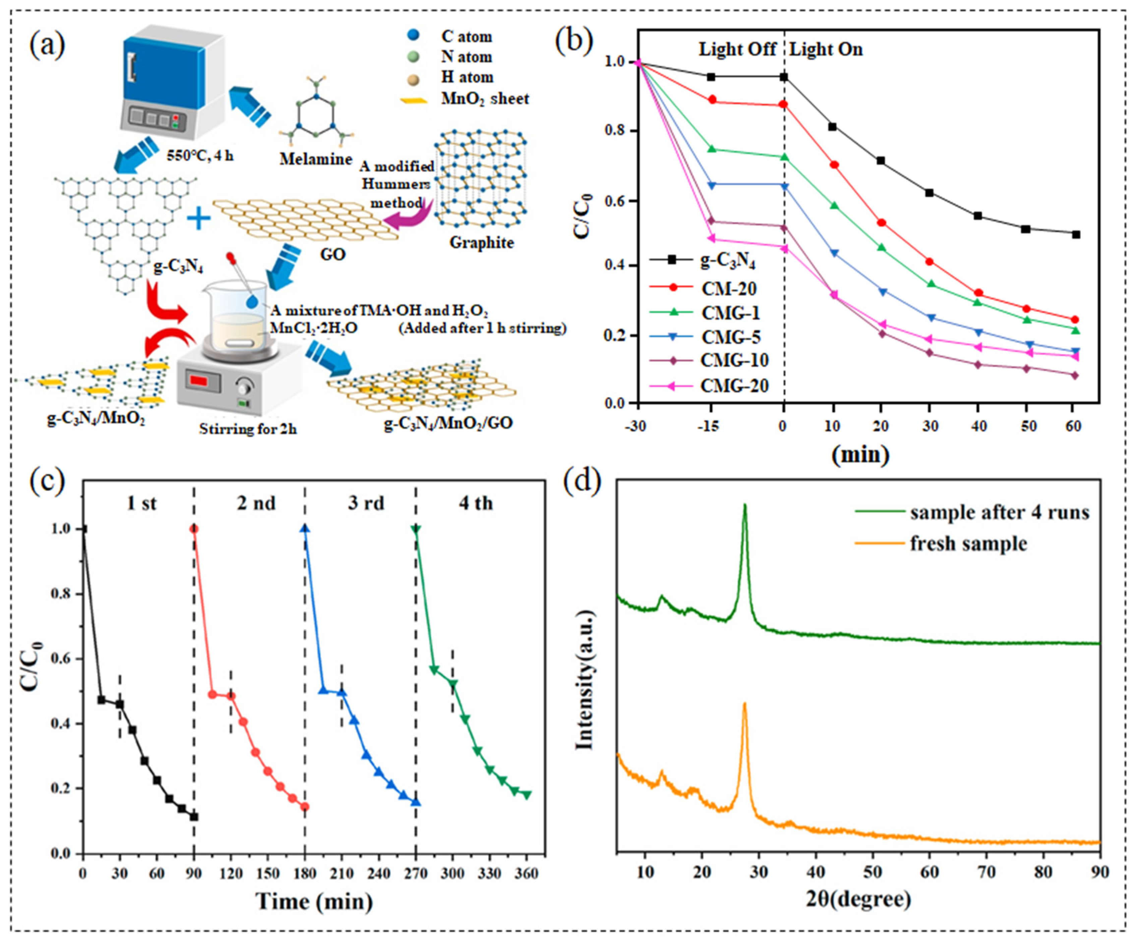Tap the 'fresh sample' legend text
click(x=968, y=543)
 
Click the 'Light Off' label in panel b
click(x=737, y=49)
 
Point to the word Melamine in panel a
click(x=316, y=159)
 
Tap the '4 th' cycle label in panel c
click(x=476, y=503)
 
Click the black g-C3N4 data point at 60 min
click(x=1075, y=234)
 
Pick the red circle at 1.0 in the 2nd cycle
click(x=194, y=529)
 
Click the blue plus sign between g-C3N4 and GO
click(x=198, y=219)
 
